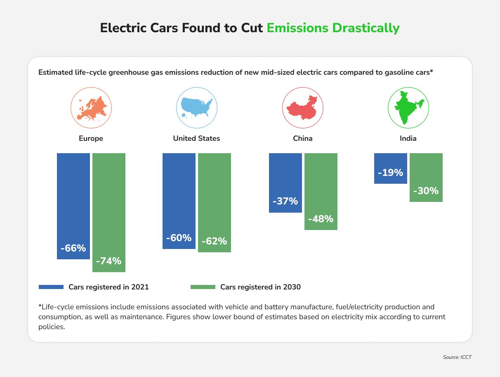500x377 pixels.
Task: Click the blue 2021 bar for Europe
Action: (73, 198)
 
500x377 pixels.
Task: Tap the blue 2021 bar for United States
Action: (179, 194)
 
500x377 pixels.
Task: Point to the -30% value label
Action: (426, 191)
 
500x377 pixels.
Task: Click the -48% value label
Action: (321, 219)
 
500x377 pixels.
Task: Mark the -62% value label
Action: (214, 241)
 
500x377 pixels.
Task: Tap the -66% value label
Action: (73, 248)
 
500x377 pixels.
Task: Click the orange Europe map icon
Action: (91, 108)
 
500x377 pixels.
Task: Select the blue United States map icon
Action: (197, 108)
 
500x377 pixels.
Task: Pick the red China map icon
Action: (302, 108)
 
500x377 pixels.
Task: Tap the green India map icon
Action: (408, 108)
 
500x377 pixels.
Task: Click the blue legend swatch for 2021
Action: (51, 287)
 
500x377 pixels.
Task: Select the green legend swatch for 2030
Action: (203, 287)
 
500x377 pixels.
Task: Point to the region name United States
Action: (196, 138)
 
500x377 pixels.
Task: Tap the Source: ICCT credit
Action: (457, 357)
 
